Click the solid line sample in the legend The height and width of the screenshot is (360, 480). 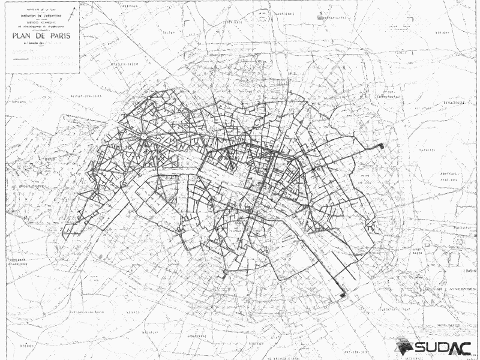click(21, 60)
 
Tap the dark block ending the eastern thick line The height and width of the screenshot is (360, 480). click(380, 147)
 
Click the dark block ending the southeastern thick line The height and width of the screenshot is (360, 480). click(343, 295)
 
